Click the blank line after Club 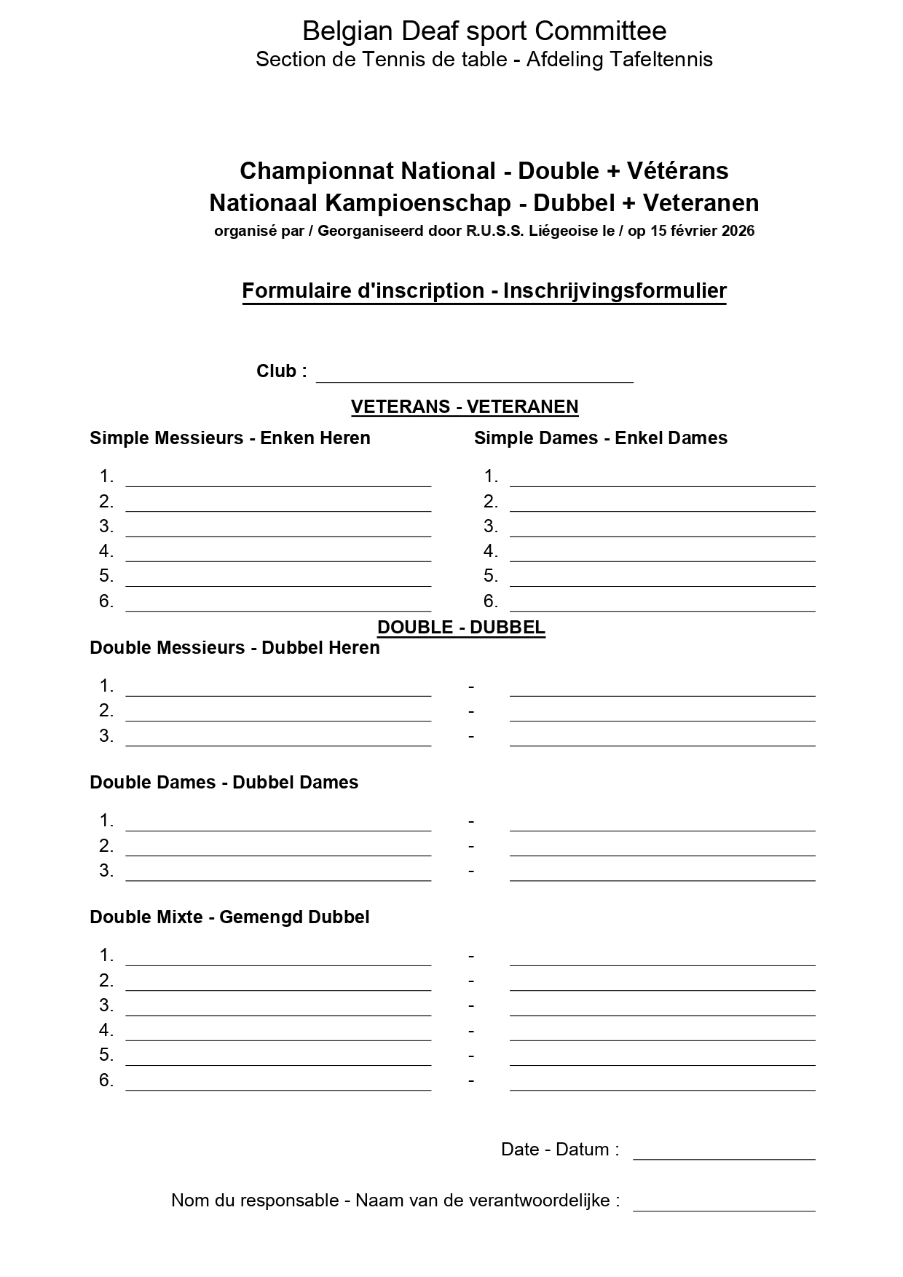coord(474,377)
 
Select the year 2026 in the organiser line coord(738,232)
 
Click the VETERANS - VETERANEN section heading coord(465,406)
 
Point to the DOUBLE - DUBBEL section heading coord(461,628)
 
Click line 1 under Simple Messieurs coord(278,481)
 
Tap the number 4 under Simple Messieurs coord(106,551)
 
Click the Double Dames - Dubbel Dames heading coord(224,783)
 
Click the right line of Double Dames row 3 coord(662,876)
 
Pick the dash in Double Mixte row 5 coord(471,1056)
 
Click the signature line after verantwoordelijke coord(724,1206)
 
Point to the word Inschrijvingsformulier coord(615,290)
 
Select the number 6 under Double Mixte coord(106,1081)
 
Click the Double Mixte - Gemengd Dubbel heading coord(229,917)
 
